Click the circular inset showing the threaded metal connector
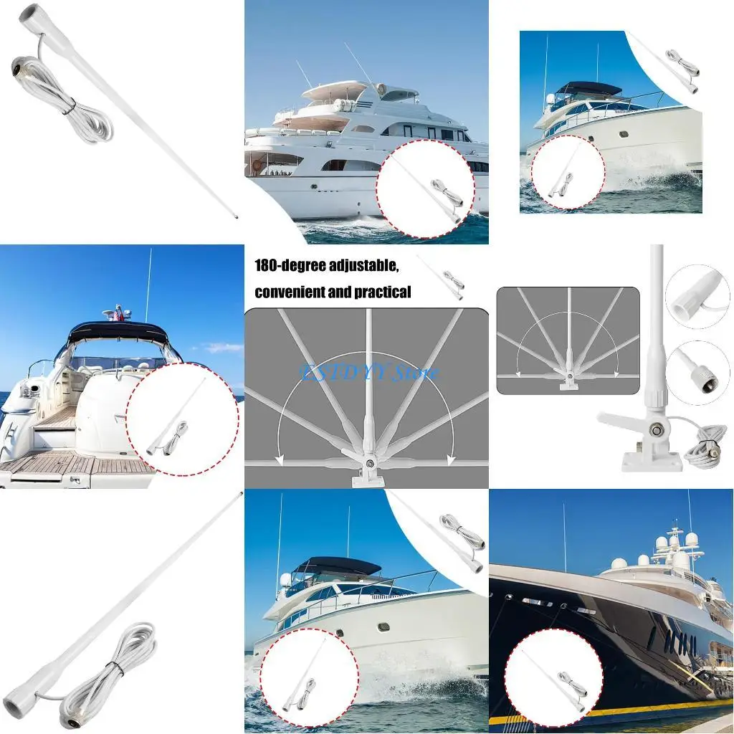[x=697, y=371]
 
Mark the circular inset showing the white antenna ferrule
[x=697, y=296]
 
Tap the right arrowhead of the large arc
[x=449, y=459]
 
